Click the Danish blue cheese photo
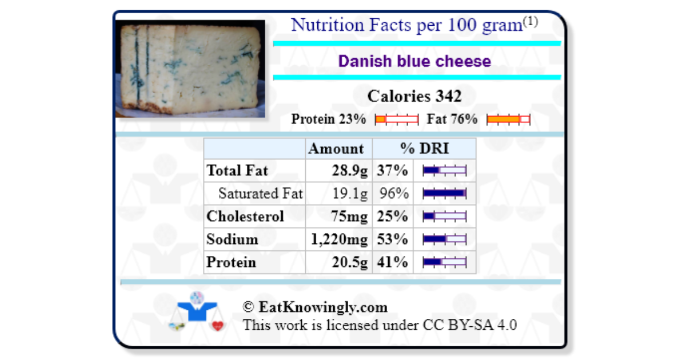[x=190, y=69]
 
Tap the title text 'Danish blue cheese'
[x=414, y=61]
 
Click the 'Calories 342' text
[x=414, y=96]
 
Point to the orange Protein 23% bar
[x=397, y=119]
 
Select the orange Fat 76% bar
[x=508, y=119]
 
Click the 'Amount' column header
[x=336, y=149]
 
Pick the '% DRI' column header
[x=424, y=149]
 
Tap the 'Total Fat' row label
[x=237, y=171]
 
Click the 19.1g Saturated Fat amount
[x=350, y=194]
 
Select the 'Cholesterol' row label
[x=245, y=217]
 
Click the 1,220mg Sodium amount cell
[x=340, y=239]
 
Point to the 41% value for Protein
[x=392, y=262]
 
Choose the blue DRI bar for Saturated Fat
[x=444, y=194]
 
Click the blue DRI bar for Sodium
[x=444, y=239]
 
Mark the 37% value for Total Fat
[x=392, y=171]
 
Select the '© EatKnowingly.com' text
[x=315, y=307]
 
